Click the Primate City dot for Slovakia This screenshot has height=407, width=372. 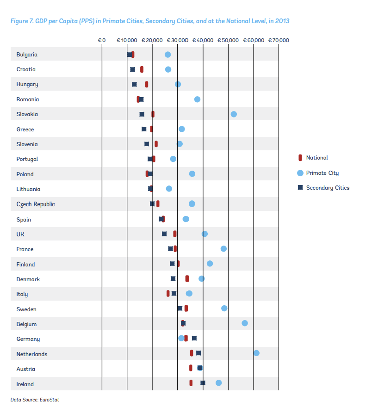coord(234,114)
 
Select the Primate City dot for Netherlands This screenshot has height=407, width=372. coord(256,353)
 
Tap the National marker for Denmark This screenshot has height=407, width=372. coord(187,278)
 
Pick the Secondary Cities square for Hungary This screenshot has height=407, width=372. coord(134,85)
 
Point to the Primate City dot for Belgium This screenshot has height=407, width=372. coord(245,323)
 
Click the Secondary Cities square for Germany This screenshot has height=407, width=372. coord(194,338)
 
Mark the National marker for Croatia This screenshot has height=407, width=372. coord(142,69)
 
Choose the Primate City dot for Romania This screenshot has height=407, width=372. coord(198,99)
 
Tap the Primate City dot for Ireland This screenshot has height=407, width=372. coord(218,382)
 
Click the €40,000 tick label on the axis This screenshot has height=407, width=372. coord(203,40)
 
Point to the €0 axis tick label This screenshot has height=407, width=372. coord(102,40)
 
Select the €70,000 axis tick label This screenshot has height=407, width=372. coord(279,40)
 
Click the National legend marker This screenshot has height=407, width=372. coord(300,158)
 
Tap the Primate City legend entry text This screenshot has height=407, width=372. coord(322,173)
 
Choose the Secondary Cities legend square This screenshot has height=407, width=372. coord(300,187)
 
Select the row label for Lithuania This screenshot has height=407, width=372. coord(28,189)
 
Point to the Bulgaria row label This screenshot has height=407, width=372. coord(27,55)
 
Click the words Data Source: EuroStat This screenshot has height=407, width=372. coord(35,400)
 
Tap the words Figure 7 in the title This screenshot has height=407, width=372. coord(22,21)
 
